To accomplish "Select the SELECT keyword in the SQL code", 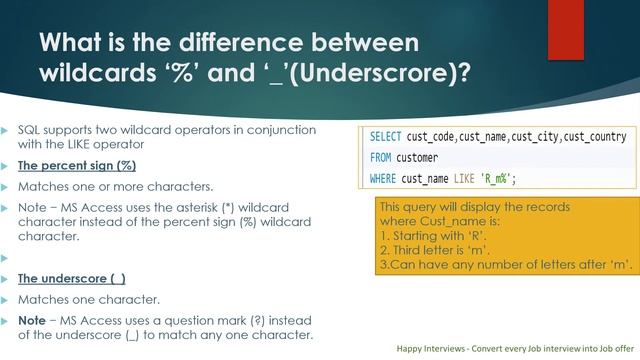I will (386, 137).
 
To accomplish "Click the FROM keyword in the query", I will (380, 158).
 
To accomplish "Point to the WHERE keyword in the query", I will (383, 179).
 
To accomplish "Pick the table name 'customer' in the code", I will (418, 158).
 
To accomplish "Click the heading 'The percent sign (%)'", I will (77, 166).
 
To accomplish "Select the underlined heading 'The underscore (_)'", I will (72, 279).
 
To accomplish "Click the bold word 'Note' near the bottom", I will (30, 317).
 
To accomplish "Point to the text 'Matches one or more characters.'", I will (100, 185).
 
